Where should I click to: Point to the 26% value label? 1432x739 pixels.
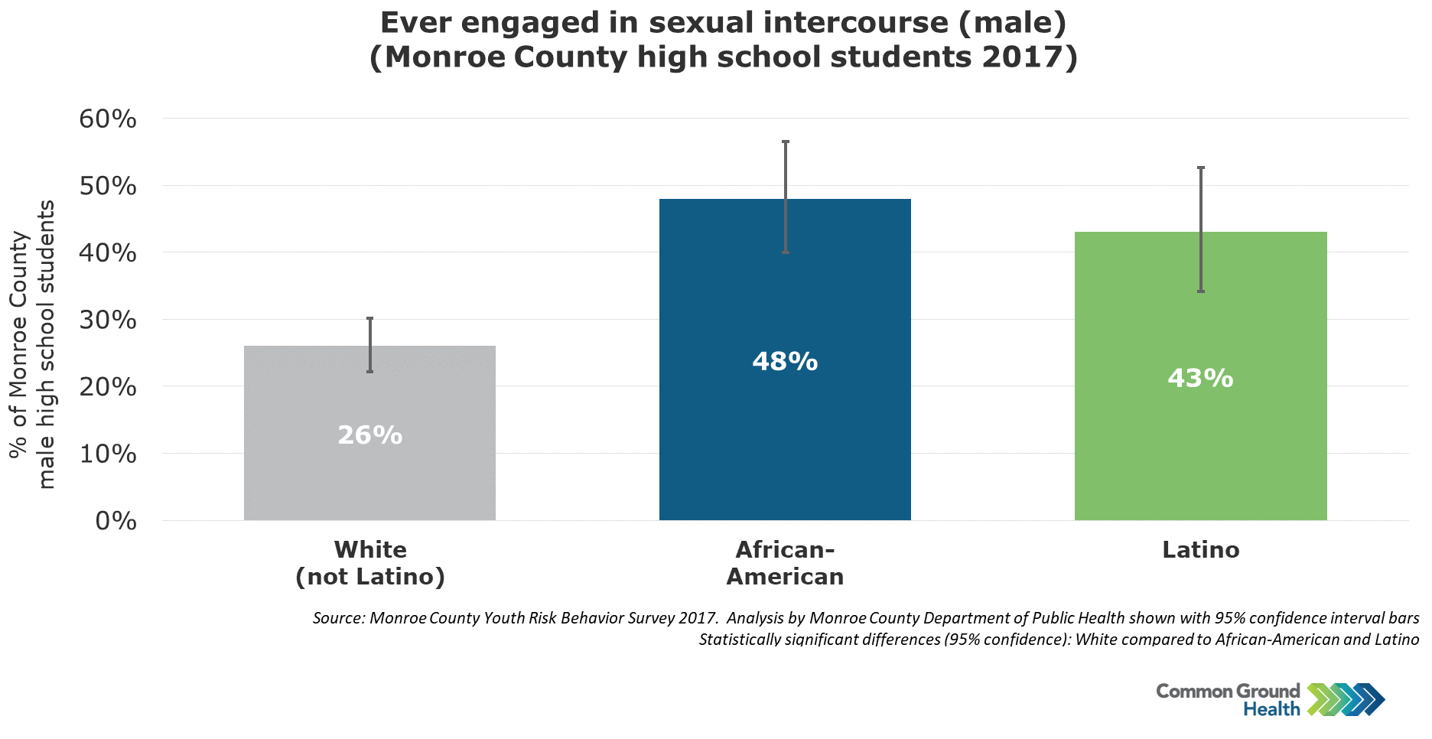[370, 435]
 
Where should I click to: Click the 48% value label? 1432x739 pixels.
[785, 361]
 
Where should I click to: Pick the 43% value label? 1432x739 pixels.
[1200, 378]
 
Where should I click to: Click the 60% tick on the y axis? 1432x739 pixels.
[108, 119]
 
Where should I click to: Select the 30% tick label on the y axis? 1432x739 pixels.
[108, 320]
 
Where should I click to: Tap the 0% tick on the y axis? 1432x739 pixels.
[116, 521]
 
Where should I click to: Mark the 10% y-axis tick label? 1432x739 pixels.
[108, 454]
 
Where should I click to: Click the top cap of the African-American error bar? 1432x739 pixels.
[786, 142]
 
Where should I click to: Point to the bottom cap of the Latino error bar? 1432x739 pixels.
[1201, 291]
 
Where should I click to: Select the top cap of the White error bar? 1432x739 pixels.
[370, 318]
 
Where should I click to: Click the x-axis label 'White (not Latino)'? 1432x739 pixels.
[370, 563]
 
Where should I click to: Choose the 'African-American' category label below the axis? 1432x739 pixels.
[785, 563]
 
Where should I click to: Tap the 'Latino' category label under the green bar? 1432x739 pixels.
[1200, 550]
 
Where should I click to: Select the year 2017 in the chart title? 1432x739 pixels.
[1024, 57]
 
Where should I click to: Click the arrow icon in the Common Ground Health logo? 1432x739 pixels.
[1346, 699]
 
